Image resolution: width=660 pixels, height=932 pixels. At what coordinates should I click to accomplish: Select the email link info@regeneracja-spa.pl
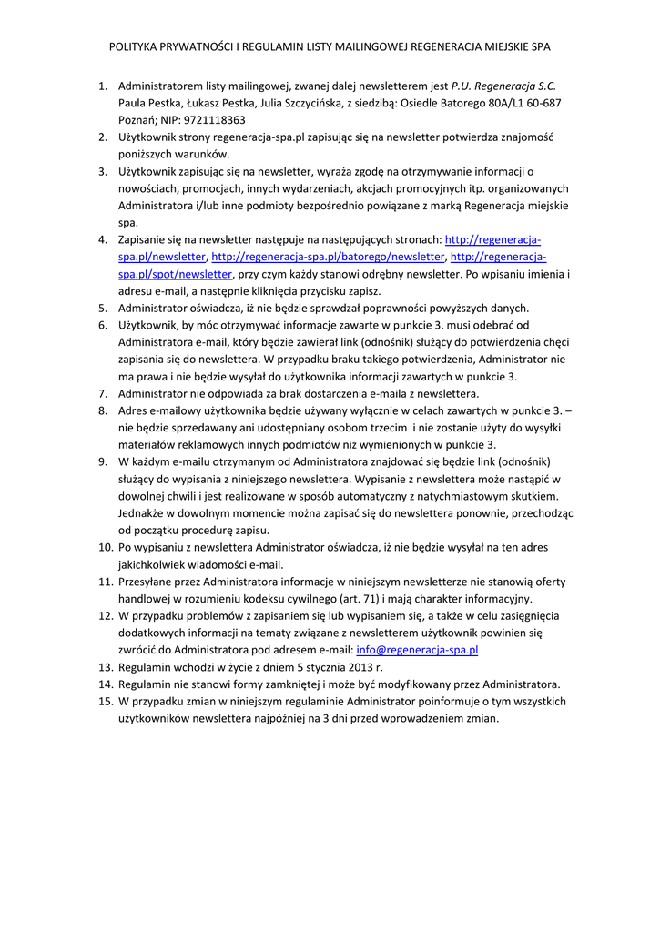point(417,651)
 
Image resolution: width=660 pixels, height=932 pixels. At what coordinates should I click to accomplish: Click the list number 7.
point(103,394)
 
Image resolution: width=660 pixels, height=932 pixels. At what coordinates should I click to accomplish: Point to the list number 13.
point(105,668)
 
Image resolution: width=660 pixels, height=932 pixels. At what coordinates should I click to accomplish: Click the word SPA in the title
point(541,46)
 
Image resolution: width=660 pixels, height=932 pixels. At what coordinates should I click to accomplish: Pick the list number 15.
point(105,702)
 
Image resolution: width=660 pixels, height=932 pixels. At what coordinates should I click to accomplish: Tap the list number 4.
point(103,239)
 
